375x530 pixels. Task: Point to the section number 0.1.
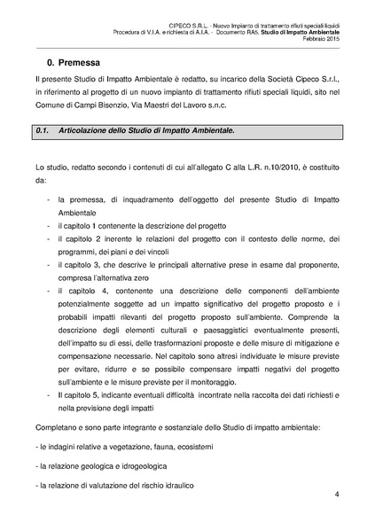pos(41,130)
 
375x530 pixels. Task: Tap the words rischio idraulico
pos(162,486)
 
